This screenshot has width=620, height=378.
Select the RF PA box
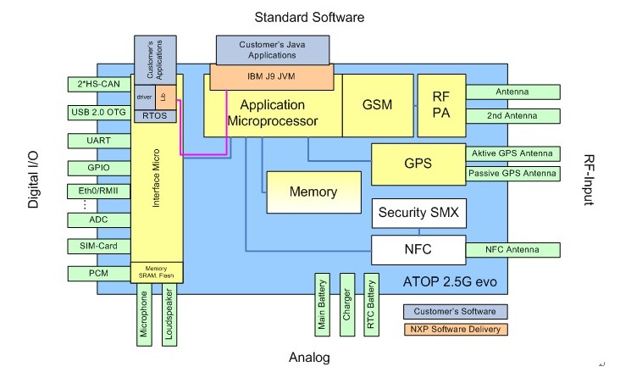[x=440, y=105]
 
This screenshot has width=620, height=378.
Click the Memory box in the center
[x=313, y=192]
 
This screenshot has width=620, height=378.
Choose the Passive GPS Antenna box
[x=513, y=174]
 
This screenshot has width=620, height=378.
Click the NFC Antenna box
[x=513, y=250]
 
